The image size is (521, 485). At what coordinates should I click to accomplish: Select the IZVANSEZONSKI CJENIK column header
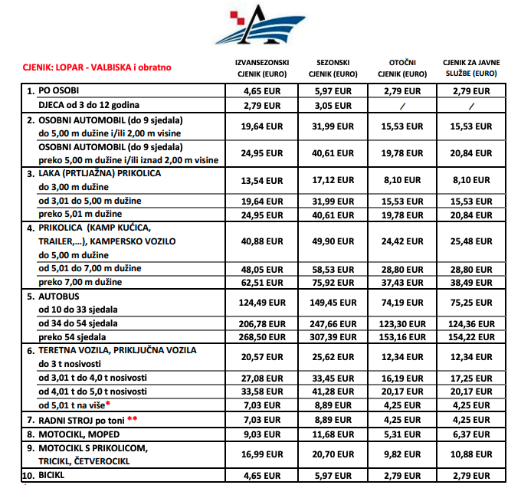[x=260, y=67]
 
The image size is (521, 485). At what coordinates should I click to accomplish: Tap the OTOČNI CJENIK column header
[x=403, y=67]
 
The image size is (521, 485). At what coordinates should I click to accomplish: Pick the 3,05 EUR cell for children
[x=333, y=104]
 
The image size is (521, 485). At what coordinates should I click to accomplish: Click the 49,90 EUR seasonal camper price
[x=333, y=241]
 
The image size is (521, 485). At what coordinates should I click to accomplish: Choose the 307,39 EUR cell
[x=333, y=336]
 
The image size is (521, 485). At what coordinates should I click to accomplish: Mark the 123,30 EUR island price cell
[x=403, y=323]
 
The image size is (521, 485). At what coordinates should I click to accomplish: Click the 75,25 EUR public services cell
[x=470, y=302]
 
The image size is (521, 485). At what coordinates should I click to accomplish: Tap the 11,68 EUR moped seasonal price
[x=333, y=434]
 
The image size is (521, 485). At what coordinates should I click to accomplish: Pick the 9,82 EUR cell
[x=403, y=454]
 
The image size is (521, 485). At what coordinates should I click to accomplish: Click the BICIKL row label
[x=54, y=474]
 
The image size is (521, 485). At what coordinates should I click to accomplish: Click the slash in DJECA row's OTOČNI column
[x=403, y=104]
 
